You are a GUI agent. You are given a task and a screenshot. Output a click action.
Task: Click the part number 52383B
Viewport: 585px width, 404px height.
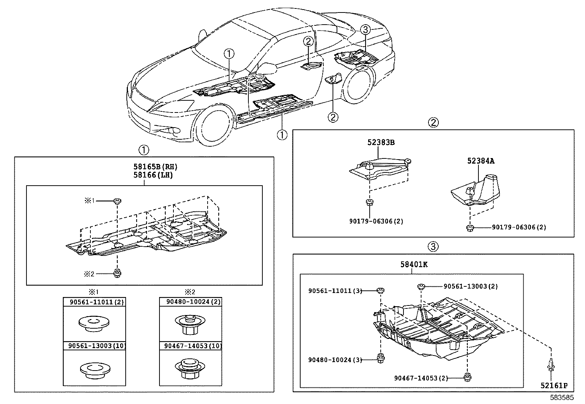(x=381, y=142)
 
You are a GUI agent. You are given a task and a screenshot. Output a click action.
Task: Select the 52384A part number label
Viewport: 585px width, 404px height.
(x=481, y=161)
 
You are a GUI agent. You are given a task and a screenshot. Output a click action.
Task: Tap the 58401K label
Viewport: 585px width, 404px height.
(x=414, y=264)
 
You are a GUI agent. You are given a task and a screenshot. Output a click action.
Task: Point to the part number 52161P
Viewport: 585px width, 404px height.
(x=554, y=386)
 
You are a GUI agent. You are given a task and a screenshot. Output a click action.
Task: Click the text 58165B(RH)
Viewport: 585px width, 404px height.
(x=156, y=167)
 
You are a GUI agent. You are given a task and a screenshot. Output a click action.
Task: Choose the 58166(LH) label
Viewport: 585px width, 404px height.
(x=153, y=175)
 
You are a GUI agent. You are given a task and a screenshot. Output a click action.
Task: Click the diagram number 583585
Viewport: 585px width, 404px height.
(x=562, y=397)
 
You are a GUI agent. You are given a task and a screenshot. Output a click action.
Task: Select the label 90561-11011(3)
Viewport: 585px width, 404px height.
(x=335, y=291)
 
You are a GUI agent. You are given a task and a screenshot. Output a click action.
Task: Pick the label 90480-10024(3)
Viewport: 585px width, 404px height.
(x=335, y=360)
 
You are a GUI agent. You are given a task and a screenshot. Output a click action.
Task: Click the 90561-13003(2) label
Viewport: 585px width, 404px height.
(x=471, y=286)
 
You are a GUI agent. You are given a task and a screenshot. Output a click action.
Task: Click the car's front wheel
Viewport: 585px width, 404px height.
(x=213, y=125)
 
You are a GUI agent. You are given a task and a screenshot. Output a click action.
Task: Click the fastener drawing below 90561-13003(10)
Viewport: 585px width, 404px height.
(x=95, y=369)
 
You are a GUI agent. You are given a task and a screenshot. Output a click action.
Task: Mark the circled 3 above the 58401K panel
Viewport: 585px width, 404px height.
(x=433, y=246)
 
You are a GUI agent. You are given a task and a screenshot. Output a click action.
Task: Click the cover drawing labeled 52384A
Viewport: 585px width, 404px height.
(x=475, y=190)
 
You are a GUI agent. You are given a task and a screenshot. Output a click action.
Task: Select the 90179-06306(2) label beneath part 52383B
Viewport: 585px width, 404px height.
(x=376, y=221)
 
